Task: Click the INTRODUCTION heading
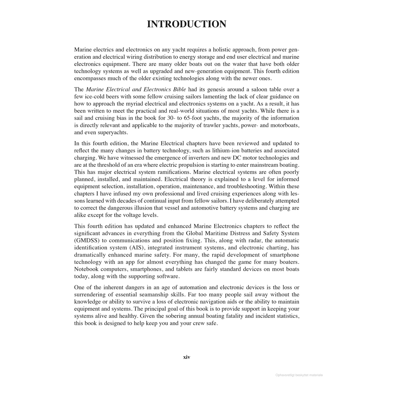[186, 24]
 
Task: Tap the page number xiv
[186, 357]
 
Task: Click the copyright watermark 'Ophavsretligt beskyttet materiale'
[299, 375]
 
